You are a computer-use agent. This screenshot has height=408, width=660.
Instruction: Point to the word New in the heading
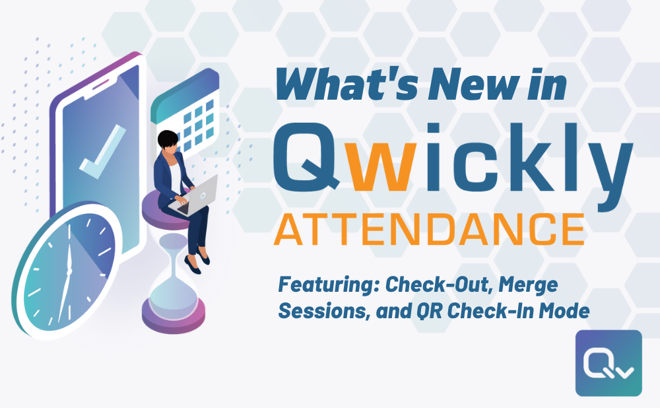(x=455, y=85)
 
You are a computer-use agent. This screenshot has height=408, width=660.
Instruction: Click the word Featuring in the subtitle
(x=327, y=285)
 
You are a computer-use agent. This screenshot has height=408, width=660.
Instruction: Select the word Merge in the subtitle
(x=529, y=285)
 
